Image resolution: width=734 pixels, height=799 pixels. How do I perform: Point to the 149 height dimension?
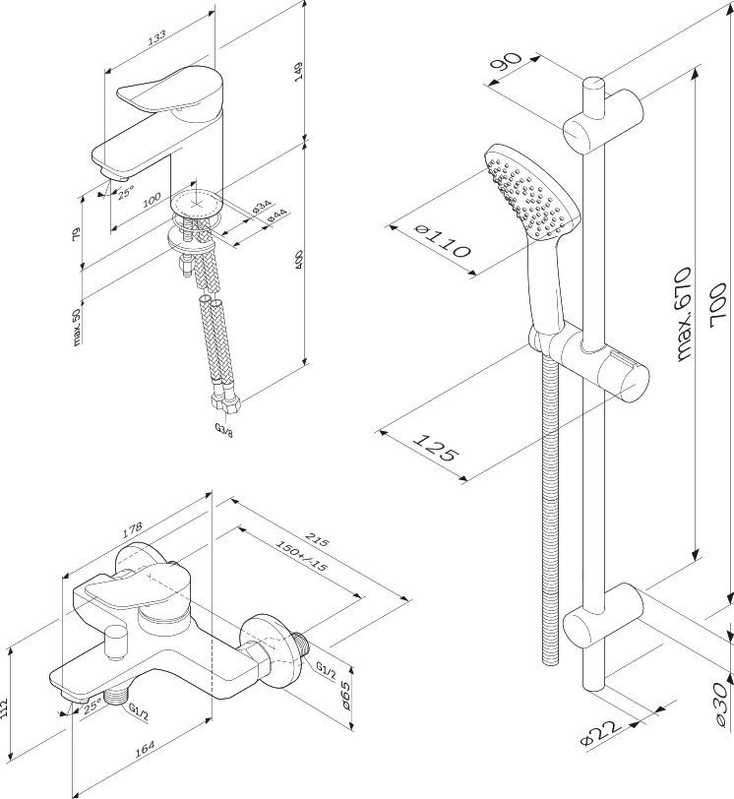[x=298, y=71]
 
